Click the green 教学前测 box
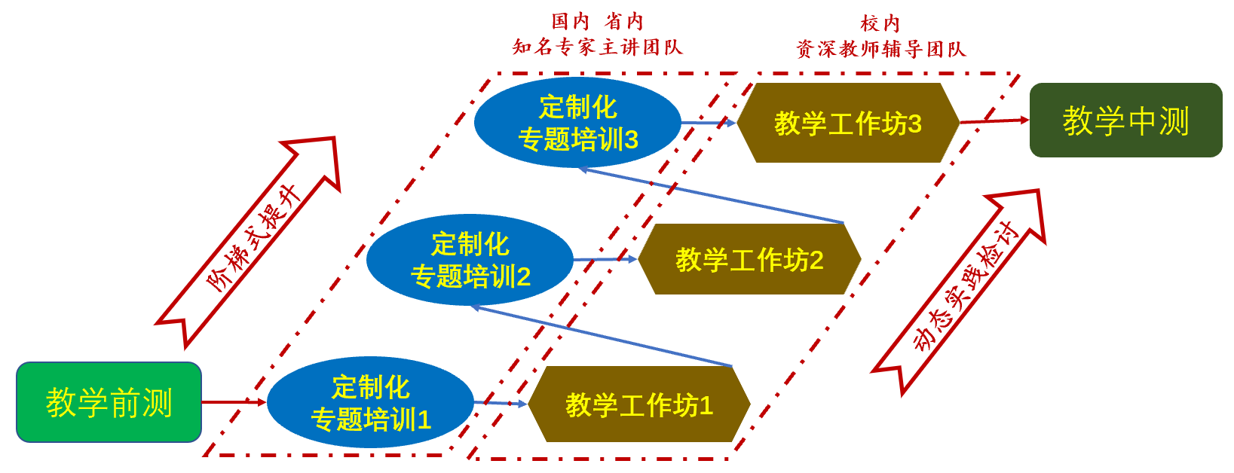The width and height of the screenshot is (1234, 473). click(109, 402)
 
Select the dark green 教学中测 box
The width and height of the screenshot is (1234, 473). click(1125, 121)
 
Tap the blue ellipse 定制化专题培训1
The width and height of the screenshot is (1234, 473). click(370, 403)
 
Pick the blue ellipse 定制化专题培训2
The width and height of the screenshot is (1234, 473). click(470, 260)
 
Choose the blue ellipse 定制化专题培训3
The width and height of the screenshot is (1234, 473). click(577, 123)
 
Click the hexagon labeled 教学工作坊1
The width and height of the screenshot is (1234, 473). click(639, 404)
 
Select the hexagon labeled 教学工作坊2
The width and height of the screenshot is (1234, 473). click(749, 259)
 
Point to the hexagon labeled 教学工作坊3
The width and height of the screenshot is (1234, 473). click(847, 123)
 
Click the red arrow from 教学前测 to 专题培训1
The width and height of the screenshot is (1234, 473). click(234, 402)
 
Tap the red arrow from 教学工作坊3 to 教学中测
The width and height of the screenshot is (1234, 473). click(994, 121)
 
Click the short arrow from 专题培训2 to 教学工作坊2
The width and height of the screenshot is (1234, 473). click(605, 259)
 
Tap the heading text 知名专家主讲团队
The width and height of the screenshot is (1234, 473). click(597, 47)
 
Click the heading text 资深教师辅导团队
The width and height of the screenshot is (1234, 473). click(880, 50)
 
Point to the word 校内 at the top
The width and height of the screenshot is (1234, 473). click(880, 23)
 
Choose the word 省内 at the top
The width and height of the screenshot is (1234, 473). click(623, 21)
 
